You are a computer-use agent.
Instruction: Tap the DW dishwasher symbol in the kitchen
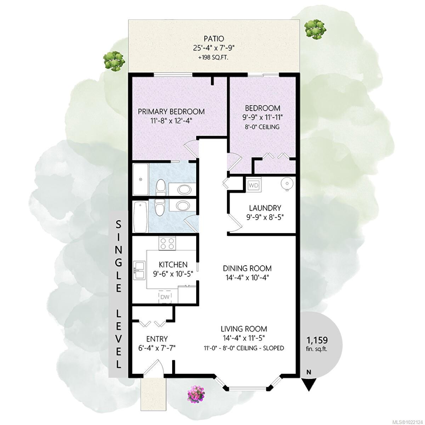coord(165,297)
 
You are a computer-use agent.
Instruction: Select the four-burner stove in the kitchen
coord(167,243)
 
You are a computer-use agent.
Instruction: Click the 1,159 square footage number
coord(317,340)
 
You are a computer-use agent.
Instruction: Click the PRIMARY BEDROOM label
coord(171,111)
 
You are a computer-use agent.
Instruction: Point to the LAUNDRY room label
coord(265,208)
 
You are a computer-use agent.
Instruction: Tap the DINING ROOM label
coord(247,268)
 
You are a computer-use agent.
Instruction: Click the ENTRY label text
coord(157,339)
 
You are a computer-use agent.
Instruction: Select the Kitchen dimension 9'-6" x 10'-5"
coord(173,274)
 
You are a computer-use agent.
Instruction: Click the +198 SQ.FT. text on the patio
coord(213,58)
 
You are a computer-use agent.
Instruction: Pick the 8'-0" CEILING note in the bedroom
coord(262,127)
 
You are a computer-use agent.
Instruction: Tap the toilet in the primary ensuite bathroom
coord(160,187)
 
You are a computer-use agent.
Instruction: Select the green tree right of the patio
coord(315,29)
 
